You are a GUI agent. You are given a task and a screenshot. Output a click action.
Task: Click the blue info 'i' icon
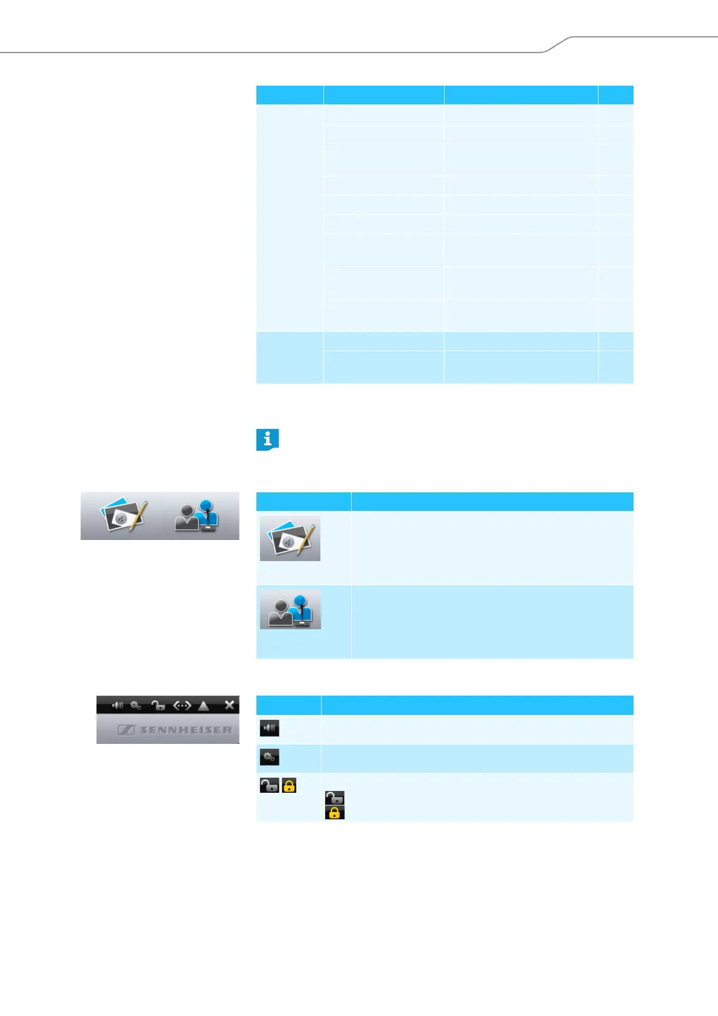click(267, 439)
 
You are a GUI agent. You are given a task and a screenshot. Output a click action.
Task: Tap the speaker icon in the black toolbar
click(118, 705)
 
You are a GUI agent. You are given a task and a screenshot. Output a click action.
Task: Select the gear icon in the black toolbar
click(136, 705)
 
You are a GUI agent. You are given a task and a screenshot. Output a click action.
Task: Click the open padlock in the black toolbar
click(158, 705)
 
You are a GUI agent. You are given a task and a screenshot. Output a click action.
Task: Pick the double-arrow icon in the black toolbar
click(182, 705)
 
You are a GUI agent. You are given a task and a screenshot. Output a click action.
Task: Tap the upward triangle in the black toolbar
click(204, 705)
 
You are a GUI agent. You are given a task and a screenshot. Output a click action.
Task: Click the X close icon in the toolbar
click(229, 704)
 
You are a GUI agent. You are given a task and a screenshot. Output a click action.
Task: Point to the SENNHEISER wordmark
click(186, 730)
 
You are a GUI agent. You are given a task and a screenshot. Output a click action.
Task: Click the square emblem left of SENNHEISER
click(126, 730)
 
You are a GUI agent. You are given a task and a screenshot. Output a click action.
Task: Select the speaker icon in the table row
click(269, 728)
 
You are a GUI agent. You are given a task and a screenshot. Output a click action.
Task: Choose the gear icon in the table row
click(269, 757)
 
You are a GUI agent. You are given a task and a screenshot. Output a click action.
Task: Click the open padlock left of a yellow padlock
click(269, 785)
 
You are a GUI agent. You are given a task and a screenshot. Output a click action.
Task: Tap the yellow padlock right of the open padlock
click(289, 785)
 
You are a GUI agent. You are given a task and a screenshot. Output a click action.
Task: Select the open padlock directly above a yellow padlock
click(334, 798)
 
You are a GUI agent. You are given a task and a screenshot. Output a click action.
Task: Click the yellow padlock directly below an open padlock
click(334, 813)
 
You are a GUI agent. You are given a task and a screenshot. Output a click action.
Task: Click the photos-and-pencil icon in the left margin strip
click(124, 516)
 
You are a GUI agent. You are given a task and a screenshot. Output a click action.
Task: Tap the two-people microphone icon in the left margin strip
click(197, 516)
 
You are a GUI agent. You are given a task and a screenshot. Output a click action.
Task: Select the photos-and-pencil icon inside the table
click(290, 539)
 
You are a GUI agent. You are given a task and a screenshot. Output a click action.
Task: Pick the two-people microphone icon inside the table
click(290, 610)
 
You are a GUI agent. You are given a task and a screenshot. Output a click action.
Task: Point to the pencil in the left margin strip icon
click(139, 513)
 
